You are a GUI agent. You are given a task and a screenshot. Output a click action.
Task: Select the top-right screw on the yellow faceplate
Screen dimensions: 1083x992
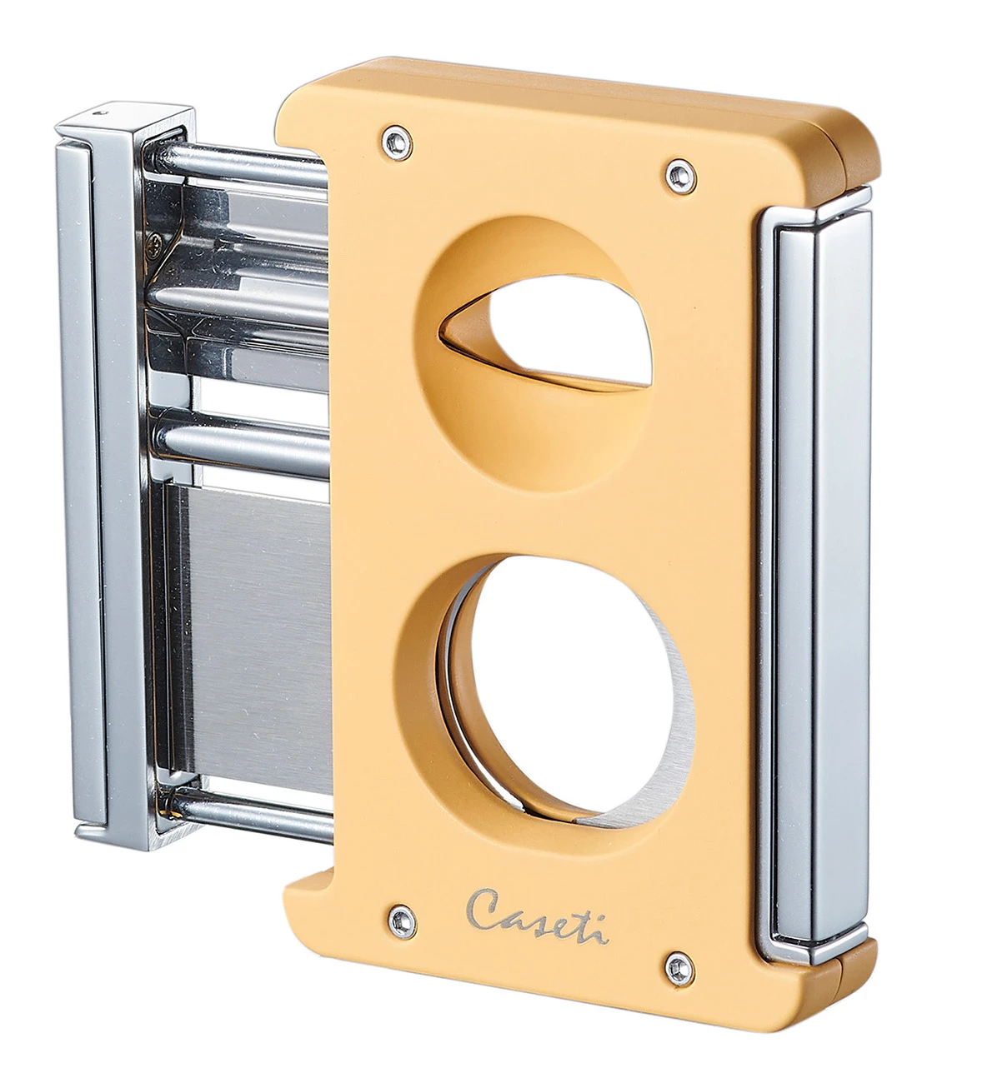point(675,172)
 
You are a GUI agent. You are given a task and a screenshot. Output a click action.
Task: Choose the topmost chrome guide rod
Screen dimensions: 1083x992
point(242,158)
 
